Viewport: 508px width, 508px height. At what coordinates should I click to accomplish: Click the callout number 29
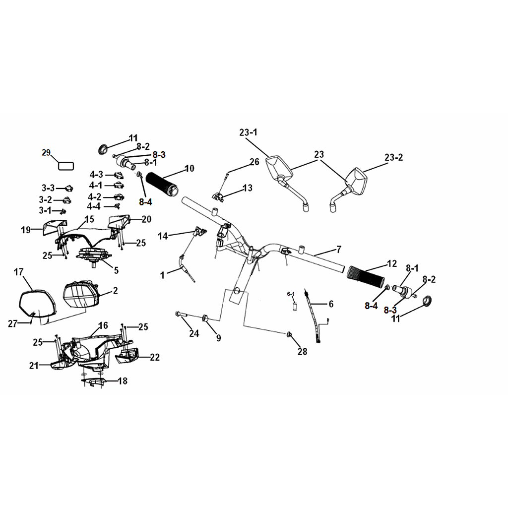click(46, 153)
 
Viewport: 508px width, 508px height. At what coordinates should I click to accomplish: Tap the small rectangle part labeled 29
click(66, 166)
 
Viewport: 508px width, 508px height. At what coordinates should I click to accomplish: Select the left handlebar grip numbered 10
click(162, 184)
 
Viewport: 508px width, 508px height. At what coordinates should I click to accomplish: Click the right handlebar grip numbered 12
click(366, 277)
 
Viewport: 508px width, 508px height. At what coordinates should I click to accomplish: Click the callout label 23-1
click(249, 132)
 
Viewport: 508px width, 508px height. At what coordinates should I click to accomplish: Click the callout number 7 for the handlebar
click(339, 250)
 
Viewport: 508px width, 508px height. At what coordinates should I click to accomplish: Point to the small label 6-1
click(291, 294)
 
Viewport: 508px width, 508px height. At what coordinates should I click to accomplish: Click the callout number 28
click(302, 352)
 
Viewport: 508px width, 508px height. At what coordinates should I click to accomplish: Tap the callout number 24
click(194, 333)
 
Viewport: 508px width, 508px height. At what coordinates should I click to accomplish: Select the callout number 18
click(123, 381)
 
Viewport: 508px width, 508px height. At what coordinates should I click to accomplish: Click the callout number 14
click(163, 236)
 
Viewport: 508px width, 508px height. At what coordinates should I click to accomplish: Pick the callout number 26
click(254, 162)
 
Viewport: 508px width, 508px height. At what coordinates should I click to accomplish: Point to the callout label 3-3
click(48, 188)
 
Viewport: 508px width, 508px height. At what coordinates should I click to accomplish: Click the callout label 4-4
click(94, 206)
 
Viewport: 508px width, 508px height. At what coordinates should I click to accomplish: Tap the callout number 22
click(155, 357)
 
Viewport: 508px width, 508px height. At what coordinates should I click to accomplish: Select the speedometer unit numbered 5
click(93, 255)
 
